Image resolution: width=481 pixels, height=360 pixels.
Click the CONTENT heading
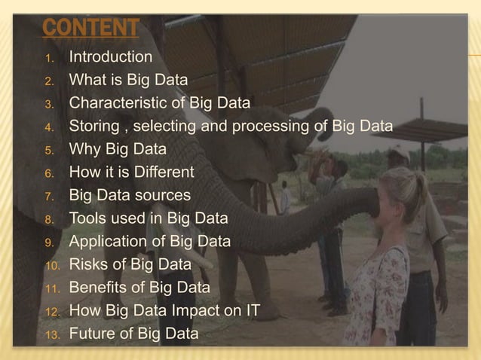pos(90,29)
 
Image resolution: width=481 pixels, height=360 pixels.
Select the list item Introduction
pos(111,57)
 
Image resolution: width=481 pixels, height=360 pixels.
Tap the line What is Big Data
pos(128,80)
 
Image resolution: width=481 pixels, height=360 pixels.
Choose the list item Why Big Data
pos(118,149)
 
